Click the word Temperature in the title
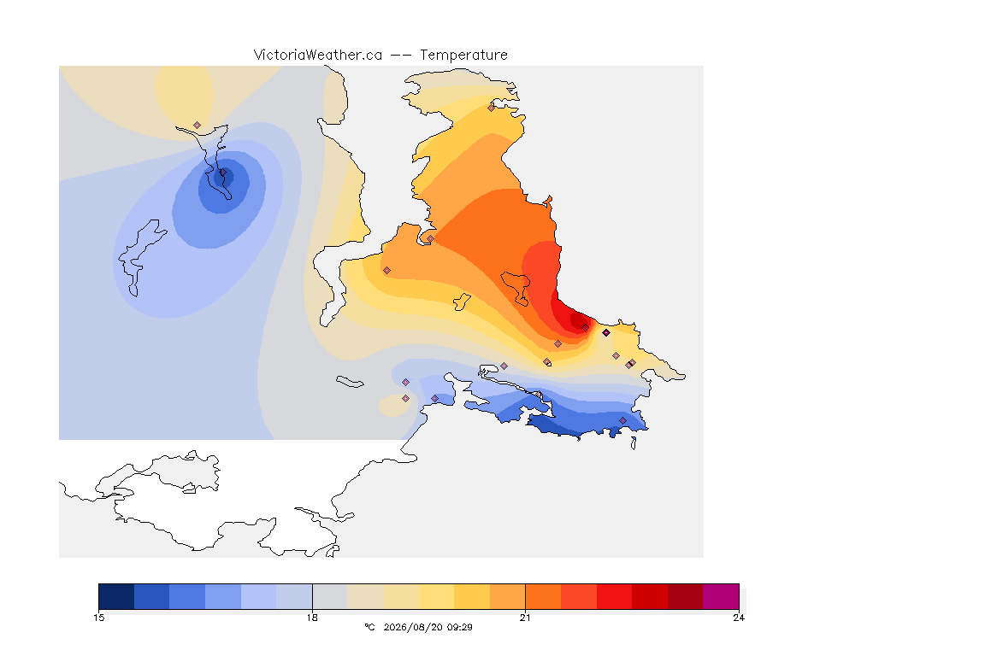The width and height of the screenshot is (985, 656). (463, 56)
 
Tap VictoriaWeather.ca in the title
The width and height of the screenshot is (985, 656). (318, 56)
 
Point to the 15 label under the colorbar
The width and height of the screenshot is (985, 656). (99, 618)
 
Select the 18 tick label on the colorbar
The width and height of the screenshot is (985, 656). (312, 618)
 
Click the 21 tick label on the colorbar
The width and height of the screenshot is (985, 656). (525, 618)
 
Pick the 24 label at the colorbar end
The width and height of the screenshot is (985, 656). (739, 618)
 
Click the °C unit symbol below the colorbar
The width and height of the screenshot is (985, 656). (369, 627)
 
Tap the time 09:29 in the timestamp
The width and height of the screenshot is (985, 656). (460, 627)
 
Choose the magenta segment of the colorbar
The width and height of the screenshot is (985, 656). (721, 596)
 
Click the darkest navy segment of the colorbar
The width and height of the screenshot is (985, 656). (116, 596)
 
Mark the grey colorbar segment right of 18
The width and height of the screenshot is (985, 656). (330, 596)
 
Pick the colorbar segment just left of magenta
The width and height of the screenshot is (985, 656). (686, 596)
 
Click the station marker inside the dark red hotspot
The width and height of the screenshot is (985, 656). (586, 328)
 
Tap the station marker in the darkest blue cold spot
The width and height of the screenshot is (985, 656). (222, 172)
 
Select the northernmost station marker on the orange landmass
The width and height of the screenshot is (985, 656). (492, 108)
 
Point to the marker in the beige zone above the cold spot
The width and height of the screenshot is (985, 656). (198, 126)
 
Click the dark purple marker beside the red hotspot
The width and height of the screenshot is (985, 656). (606, 333)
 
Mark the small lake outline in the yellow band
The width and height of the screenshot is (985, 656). (462, 302)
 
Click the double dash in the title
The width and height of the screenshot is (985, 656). (401, 56)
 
